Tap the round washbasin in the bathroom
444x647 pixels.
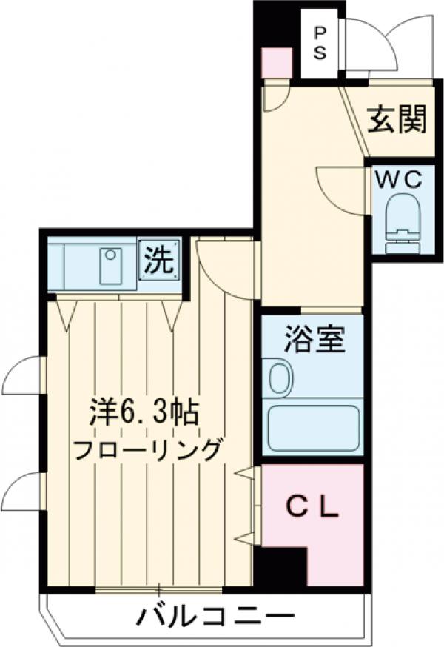point(280,378)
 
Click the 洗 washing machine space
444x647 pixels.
point(160,261)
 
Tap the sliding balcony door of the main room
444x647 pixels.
point(159,590)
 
